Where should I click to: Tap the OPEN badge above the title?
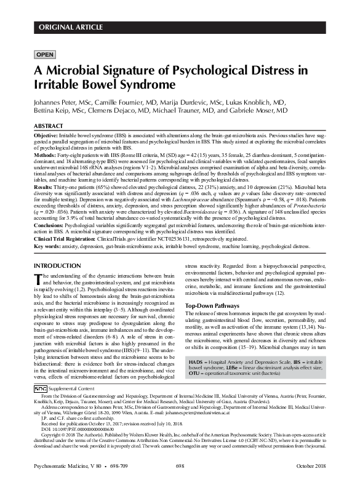coord(46,54)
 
